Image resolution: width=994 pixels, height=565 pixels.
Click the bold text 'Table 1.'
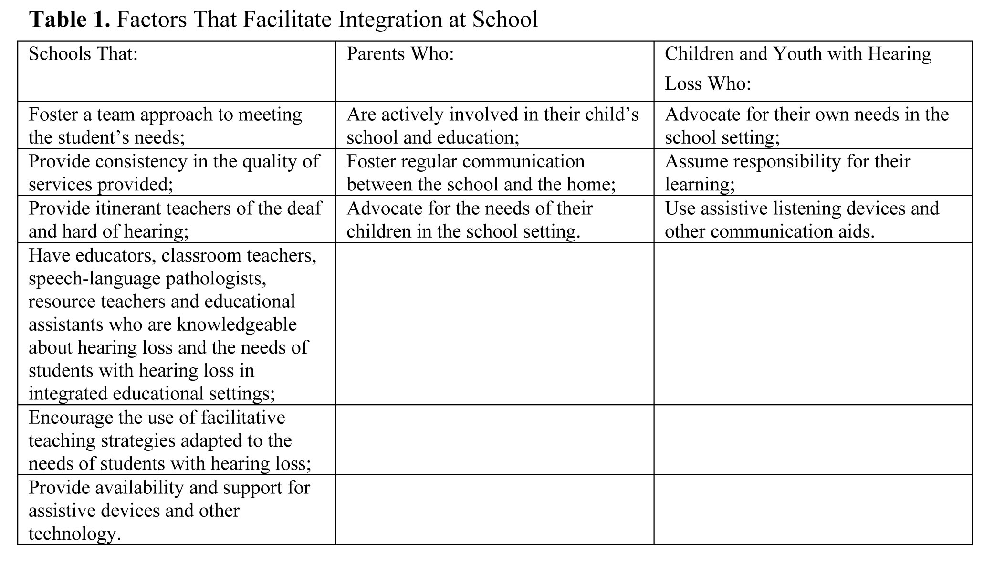click(70, 20)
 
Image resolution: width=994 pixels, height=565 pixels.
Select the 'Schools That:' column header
click(83, 54)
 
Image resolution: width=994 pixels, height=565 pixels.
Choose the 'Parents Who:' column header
click(400, 54)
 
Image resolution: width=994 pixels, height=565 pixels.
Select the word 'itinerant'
click(123, 208)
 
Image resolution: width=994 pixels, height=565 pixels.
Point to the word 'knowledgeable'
click(237, 324)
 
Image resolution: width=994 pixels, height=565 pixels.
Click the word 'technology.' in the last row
click(74, 533)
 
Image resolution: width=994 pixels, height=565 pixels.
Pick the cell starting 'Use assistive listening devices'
click(802, 220)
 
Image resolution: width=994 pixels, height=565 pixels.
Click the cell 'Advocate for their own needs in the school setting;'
click(806, 126)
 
